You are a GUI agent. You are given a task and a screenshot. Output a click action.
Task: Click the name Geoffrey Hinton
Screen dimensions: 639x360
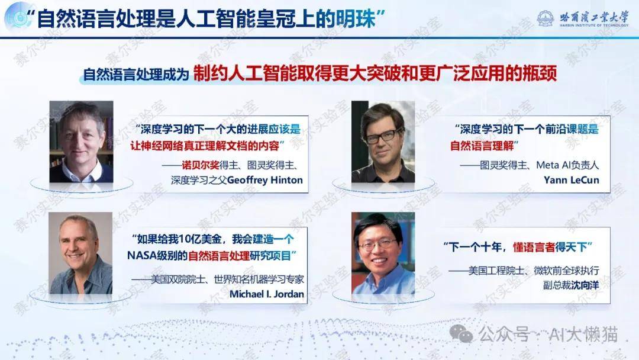(265, 180)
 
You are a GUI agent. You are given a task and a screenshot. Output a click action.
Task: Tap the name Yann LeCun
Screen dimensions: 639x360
(572, 180)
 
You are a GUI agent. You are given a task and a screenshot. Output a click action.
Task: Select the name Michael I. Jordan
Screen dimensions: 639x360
(266, 294)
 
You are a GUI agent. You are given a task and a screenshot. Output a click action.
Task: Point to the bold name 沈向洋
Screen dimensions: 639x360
(585, 285)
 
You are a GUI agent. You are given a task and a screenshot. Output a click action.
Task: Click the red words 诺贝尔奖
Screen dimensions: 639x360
(201, 165)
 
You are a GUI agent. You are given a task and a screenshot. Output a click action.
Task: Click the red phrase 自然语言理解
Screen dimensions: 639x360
(482, 146)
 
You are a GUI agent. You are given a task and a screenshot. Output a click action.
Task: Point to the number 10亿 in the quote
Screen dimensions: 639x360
(189, 239)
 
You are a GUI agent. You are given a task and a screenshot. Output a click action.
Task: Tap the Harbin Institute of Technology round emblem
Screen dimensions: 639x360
(546, 18)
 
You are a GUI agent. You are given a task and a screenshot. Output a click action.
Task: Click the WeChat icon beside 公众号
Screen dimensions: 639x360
(461, 335)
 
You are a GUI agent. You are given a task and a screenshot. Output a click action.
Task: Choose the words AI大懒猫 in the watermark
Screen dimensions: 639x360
(583, 335)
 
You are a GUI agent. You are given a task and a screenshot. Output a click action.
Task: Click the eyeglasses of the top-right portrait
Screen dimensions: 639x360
(383, 136)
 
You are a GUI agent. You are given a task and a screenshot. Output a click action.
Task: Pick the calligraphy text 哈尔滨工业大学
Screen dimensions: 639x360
(594, 17)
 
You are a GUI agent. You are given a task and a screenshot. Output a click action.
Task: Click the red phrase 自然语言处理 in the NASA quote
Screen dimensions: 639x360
(219, 256)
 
